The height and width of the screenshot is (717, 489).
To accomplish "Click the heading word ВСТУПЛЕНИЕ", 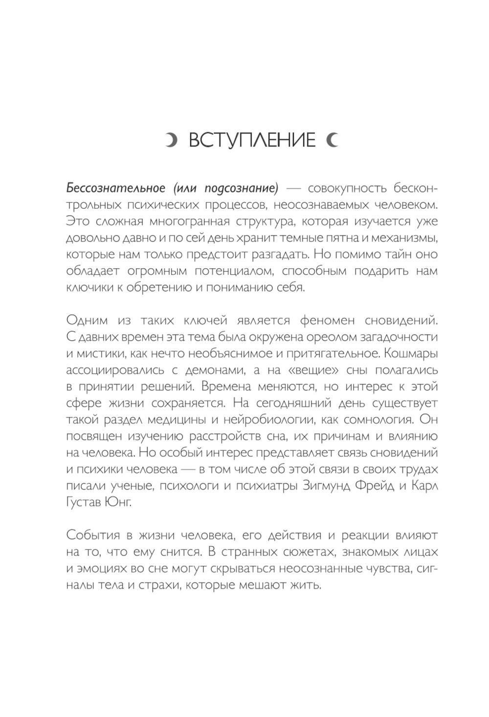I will click(x=252, y=140).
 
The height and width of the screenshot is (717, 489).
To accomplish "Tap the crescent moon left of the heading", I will click(x=171, y=140).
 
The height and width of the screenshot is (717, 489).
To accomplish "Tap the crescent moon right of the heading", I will click(x=332, y=140).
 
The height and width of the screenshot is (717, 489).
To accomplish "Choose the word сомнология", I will click(x=371, y=420).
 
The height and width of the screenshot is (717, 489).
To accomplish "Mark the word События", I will click(x=93, y=535).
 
